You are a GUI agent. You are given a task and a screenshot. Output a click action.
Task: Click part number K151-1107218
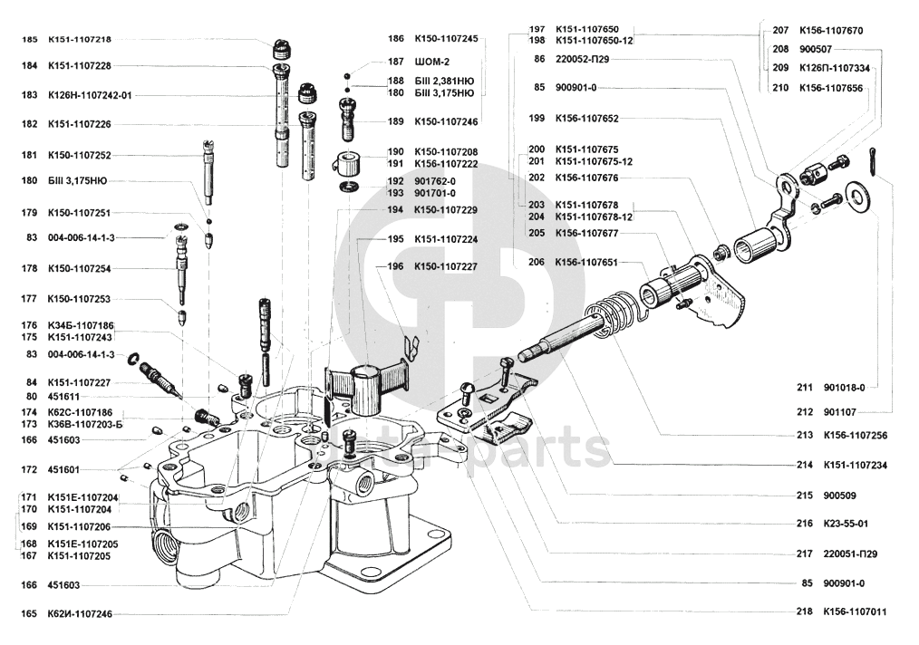[x=80, y=39]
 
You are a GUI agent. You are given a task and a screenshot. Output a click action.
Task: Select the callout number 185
[x=29, y=39]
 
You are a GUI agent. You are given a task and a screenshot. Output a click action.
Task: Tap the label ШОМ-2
[x=432, y=62]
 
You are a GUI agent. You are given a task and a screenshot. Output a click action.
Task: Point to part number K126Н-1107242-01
[x=90, y=94]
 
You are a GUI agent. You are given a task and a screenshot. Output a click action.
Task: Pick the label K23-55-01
[x=846, y=524]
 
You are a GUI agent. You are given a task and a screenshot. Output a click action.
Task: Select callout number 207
[x=780, y=30]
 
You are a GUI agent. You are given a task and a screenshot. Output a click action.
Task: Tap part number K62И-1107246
[x=80, y=614]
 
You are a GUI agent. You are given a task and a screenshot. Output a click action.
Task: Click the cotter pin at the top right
[x=876, y=163]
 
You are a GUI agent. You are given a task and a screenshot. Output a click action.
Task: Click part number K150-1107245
[x=445, y=39]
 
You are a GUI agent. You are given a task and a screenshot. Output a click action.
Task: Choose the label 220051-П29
[x=850, y=554]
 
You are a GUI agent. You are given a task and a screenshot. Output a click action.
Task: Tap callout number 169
[x=29, y=526]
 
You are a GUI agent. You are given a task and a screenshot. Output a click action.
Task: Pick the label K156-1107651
[x=586, y=262]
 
